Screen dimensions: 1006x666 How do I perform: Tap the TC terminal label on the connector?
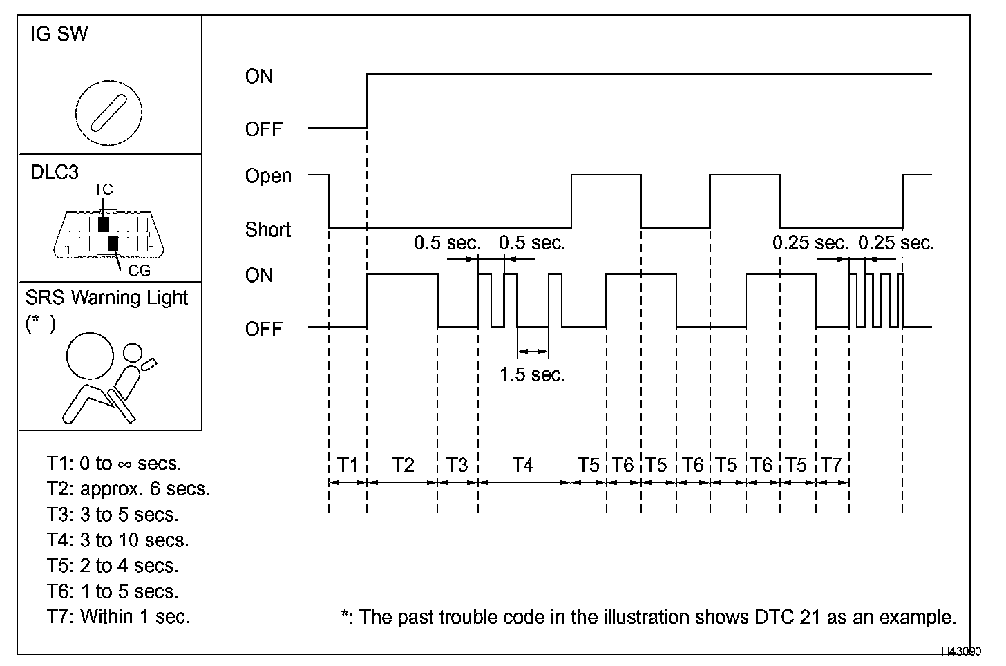click(x=103, y=189)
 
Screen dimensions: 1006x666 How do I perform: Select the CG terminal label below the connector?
click(x=139, y=270)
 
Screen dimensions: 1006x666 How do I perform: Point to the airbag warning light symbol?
click(x=108, y=377)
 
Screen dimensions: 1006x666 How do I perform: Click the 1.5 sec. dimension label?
click(x=532, y=374)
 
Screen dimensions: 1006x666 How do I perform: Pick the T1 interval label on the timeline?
click(x=348, y=465)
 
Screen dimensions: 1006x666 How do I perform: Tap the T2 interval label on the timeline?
click(x=403, y=465)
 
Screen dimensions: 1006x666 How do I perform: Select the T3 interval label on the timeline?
click(x=457, y=465)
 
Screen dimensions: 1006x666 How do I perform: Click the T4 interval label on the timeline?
click(x=523, y=465)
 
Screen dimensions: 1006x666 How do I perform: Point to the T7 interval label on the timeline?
click(x=831, y=465)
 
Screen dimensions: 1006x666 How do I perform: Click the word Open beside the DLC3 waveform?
click(x=268, y=177)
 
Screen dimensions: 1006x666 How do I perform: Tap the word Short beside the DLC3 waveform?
click(x=268, y=229)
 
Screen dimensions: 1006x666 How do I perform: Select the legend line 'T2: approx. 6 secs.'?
click(x=129, y=489)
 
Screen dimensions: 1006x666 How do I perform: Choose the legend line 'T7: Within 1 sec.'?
click(x=118, y=616)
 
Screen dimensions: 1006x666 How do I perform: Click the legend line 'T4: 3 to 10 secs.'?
click(x=117, y=540)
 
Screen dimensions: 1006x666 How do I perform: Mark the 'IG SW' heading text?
click(x=59, y=35)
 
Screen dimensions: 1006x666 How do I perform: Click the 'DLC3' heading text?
click(x=55, y=173)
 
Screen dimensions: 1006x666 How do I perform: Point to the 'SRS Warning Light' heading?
click(x=106, y=298)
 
